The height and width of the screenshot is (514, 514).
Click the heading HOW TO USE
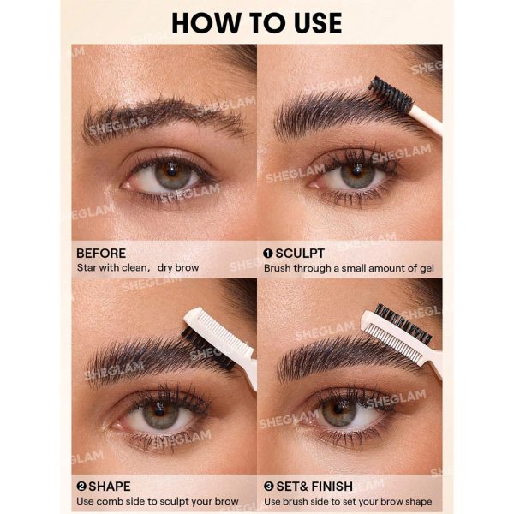tap(257, 23)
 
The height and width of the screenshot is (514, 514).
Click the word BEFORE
tap(101, 254)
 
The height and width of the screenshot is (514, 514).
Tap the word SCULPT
tap(300, 254)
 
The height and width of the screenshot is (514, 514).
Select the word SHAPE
tap(110, 487)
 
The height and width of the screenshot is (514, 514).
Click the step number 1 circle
tap(268, 254)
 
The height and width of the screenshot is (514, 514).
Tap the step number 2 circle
tap(81, 487)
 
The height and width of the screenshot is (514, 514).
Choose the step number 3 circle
tap(268, 487)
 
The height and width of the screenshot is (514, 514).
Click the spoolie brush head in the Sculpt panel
tap(390, 93)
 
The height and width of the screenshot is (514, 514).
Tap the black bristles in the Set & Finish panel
tap(403, 324)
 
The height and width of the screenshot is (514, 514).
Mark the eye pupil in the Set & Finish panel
tap(339, 409)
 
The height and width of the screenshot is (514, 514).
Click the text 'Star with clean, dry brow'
tap(138, 268)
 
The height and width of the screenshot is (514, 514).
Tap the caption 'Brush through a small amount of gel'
tap(349, 268)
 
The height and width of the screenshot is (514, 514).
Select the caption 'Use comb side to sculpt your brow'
tap(158, 501)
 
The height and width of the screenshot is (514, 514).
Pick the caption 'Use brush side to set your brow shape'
tap(348, 501)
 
